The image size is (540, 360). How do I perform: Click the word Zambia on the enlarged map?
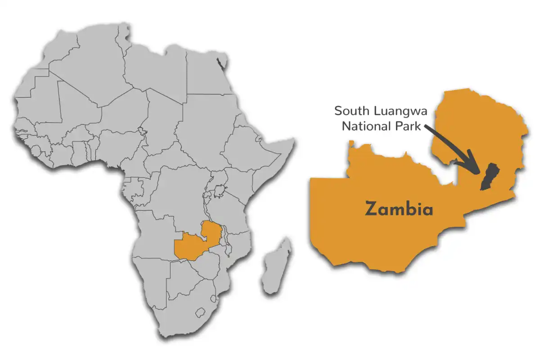[x=399, y=209]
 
